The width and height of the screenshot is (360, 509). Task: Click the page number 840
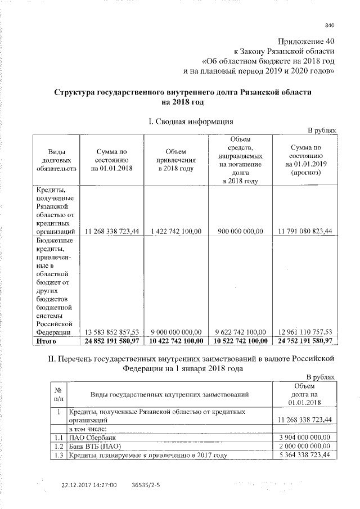[330, 25]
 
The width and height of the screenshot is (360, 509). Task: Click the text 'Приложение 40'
[307, 42]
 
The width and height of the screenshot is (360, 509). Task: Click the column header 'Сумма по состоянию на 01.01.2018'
[110, 160]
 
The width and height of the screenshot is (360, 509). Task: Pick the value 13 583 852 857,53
[110, 332]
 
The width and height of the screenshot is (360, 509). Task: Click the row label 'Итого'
[48, 341]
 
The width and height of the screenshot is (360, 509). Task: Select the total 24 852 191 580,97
[110, 341]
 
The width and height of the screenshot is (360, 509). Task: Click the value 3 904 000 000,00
[304, 437]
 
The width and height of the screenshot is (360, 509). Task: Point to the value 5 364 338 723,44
[304, 454]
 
